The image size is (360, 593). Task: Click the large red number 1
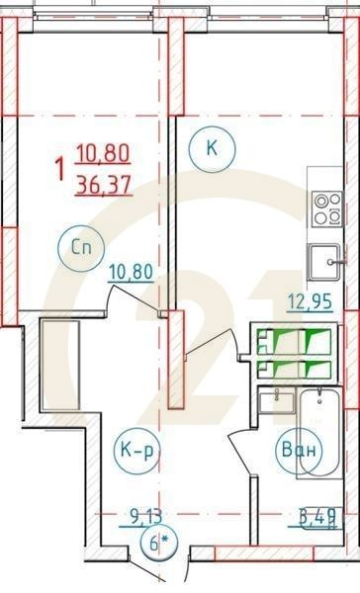tap(61, 169)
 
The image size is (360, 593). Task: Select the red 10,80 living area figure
tap(102, 155)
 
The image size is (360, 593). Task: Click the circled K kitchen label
tap(210, 148)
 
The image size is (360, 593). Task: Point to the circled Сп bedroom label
tap(80, 248)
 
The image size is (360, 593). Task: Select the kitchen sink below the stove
tap(323, 261)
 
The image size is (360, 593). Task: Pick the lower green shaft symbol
tap(296, 370)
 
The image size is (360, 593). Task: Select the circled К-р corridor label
tap(136, 452)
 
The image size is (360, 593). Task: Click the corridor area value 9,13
tap(145, 513)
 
